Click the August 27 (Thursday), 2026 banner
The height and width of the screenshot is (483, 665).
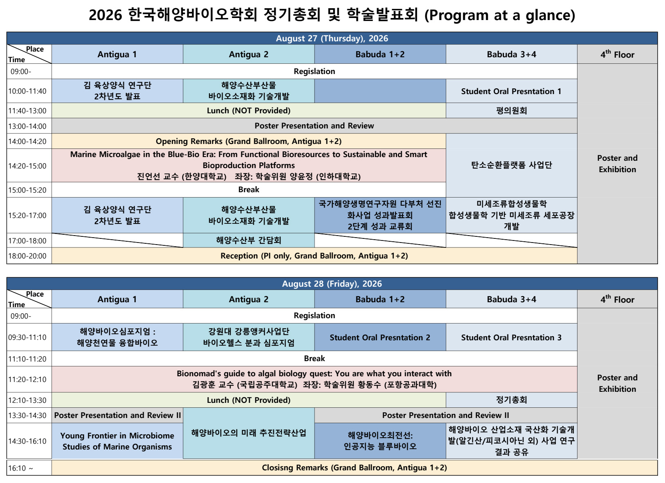click(x=332, y=38)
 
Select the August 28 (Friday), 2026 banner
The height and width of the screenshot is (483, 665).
click(x=332, y=283)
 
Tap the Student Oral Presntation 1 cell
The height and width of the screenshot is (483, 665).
click(x=511, y=91)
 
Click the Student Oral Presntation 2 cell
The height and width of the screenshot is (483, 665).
click(x=380, y=337)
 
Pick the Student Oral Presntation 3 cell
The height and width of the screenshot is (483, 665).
click(x=511, y=337)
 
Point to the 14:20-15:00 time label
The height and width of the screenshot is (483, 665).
click(x=27, y=166)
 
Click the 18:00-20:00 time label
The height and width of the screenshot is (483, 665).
click(x=27, y=256)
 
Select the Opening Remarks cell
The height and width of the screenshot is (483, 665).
click(x=249, y=142)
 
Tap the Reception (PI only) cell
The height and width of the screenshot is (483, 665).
click(x=315, y=256)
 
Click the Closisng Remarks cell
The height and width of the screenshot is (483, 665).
click(x=355, y=467)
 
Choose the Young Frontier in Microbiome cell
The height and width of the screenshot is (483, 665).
click(x=117, y=441)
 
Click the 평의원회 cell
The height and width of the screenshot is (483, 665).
click(x=511, y=110)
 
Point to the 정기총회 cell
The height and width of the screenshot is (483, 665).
click(x=511, y=400)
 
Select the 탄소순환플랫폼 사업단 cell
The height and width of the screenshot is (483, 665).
click(x=511, y=165)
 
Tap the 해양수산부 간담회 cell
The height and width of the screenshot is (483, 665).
click(x=249, y=240)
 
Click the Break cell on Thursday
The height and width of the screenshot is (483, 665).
click(x=249, y=190)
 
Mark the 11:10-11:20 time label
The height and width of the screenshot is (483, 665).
click(x=27, y=359)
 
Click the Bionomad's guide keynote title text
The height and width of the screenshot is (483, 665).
click(x=314, y=373)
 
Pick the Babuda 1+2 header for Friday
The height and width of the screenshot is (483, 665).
click(x=380, y=299)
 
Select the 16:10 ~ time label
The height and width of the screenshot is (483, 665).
click(x=20, y=468)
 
